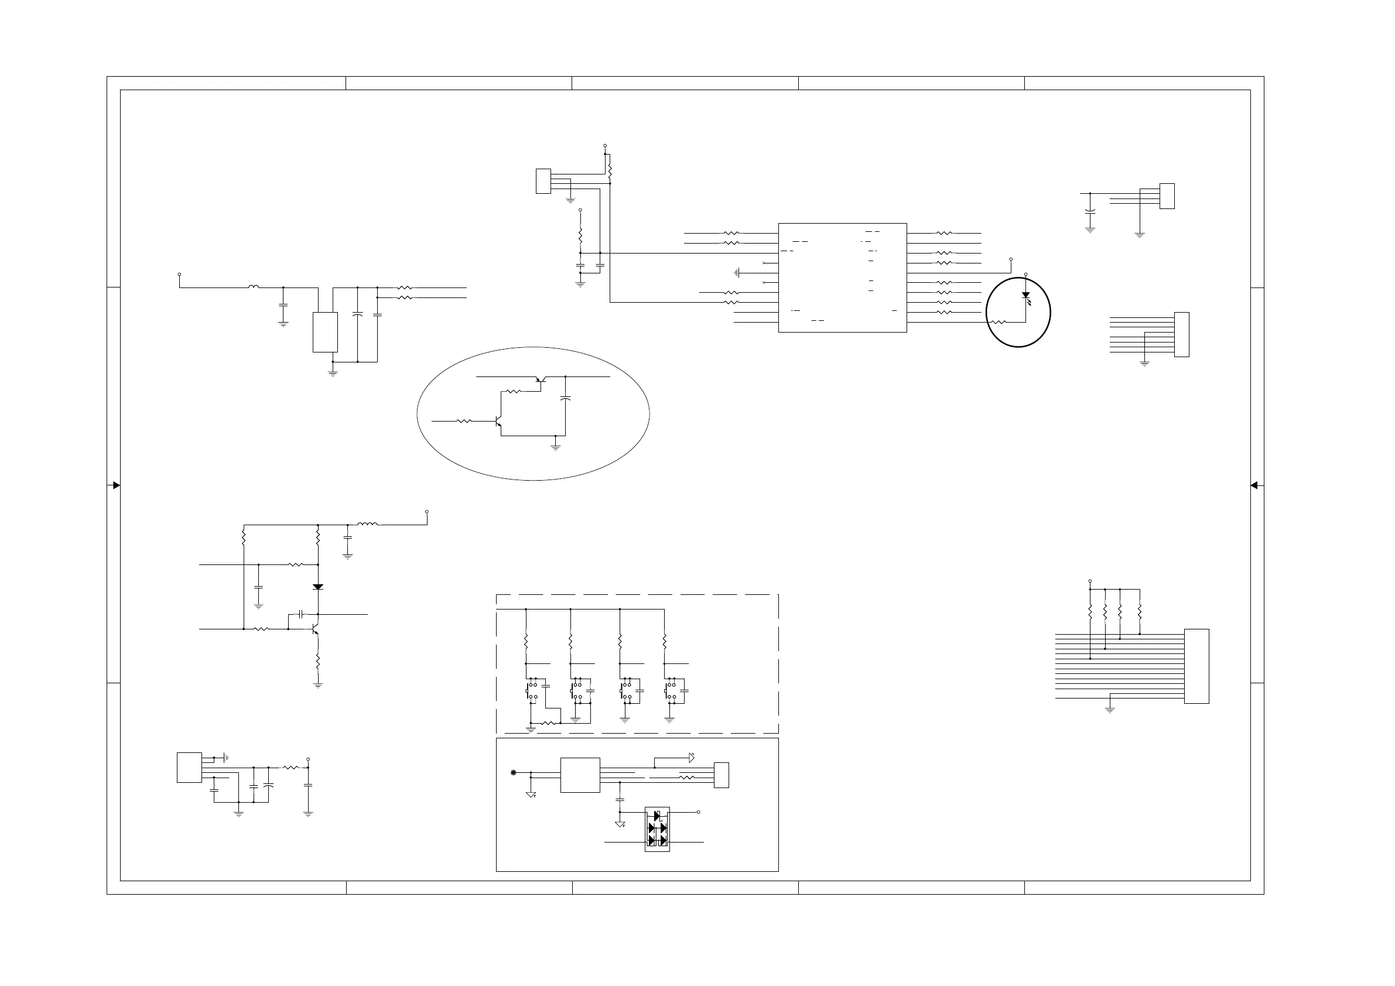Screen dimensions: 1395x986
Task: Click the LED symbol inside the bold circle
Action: [1025, 295]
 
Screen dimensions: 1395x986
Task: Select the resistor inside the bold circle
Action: [999, 322]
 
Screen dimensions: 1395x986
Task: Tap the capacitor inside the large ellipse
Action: [566, 398]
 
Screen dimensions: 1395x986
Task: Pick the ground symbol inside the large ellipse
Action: [555, 447]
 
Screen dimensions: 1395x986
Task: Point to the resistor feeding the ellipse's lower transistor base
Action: [464, 420]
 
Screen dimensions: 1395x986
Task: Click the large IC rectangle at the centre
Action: [842, 278]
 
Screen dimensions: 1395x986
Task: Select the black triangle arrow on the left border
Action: [116, 485]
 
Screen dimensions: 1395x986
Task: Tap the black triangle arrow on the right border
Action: [1254, 485]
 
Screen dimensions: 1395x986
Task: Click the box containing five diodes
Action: [657, 829]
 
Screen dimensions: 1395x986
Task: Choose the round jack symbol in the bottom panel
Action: [514, 773]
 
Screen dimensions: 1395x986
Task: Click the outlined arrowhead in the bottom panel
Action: [692, 758]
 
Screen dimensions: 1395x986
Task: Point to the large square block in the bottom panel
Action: [580, 775]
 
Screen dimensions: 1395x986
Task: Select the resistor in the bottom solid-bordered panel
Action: [686, 778]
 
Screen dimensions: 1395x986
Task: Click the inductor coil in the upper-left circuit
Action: [254, 287]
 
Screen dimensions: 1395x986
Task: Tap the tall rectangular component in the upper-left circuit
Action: [325, 333]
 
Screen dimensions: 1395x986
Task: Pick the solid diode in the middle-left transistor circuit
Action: [318, 587]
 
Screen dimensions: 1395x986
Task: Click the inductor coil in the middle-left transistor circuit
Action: [367, 523]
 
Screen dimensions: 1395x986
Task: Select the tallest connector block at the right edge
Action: [1196, 666]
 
